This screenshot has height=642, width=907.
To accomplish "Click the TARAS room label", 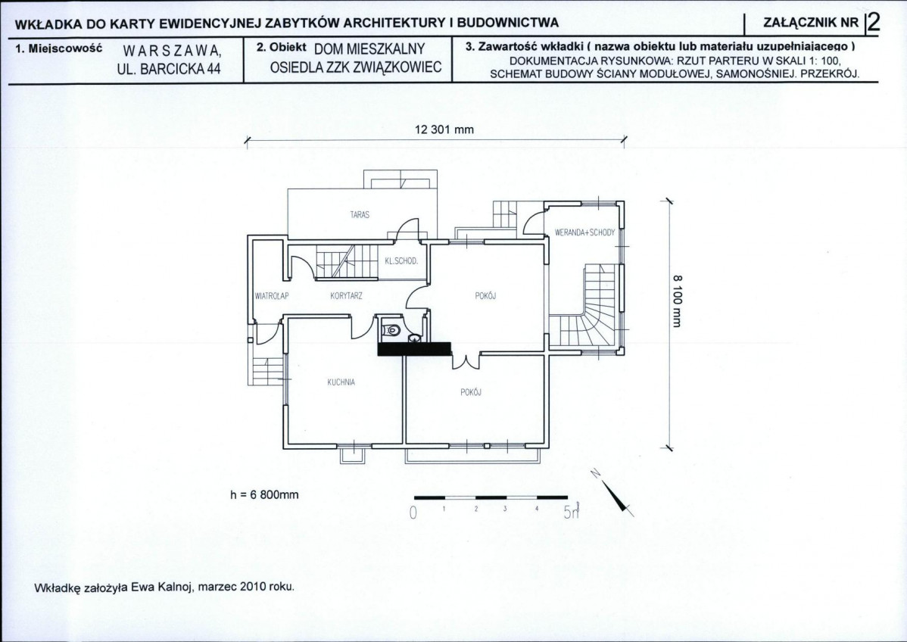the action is point(359,214).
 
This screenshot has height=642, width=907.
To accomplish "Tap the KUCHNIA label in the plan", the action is point(341,382).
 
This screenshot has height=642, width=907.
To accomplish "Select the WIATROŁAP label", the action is point(271,296).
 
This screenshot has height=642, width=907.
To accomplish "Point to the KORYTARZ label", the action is point(347,296).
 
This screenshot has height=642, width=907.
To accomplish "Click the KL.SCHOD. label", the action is point(401,261).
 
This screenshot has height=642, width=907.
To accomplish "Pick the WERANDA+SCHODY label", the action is point(584,233).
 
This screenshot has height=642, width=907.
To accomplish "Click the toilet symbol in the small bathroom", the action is point(392,329).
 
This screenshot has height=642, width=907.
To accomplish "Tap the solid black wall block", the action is point(413,349).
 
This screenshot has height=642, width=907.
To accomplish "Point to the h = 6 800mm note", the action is point(264,494).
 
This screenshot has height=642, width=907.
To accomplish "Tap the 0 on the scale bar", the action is point(413,513).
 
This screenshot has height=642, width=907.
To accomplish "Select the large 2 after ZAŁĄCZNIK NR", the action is point(873,23).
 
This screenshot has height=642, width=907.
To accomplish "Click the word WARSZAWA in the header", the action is point(172,51).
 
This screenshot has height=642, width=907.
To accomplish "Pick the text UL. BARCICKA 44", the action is point(169,69).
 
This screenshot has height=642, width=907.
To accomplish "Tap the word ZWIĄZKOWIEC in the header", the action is point(396,67).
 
